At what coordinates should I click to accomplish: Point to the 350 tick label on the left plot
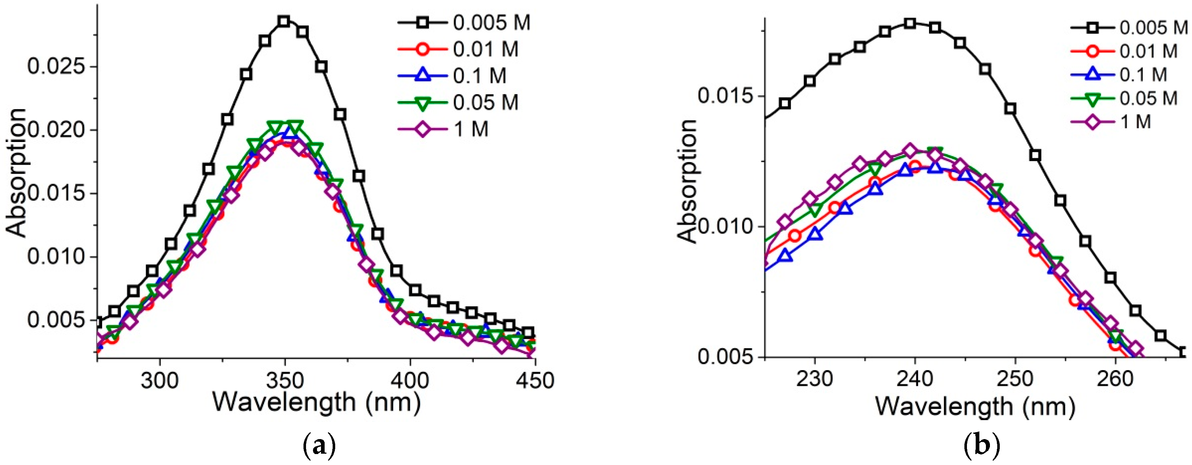pyautogui.click(x=285, y=380)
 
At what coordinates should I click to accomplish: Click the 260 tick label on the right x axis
pyautogui.click(x=1115, y=379)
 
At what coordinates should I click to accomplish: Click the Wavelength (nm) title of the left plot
pyautogui.click(x=317, y=402)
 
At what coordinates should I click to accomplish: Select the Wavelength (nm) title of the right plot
pyautogui.click(x=975, y=406)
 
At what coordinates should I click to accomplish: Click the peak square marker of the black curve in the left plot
pyautogui.click(x=284, y=21)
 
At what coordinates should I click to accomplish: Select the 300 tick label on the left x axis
pyautogui.click(x=160, y=380)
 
